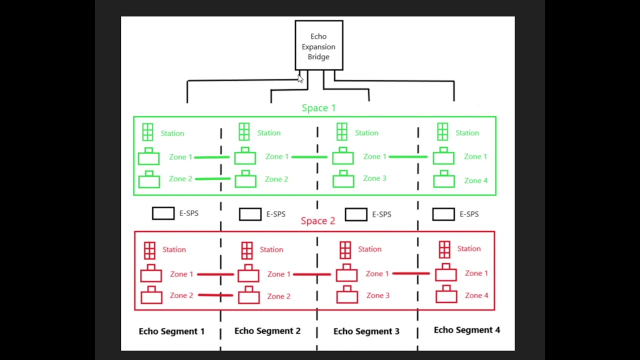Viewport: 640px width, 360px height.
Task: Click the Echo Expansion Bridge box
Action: (318, 45)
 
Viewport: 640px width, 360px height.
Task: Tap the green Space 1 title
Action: (318, 108)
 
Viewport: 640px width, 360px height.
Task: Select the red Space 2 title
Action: (318, 220)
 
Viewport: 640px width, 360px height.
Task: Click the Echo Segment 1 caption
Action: (171, 331)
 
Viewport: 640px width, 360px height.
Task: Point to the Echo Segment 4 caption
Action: (466, 330)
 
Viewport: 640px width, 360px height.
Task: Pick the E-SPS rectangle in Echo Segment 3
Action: (356, 214)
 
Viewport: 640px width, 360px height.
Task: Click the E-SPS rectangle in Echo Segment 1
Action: (163, 213)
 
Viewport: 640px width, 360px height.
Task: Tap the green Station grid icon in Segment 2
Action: (244, 132)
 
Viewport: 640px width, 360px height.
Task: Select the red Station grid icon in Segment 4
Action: (444, 249)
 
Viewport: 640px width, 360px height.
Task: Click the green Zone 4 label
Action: (475, 180)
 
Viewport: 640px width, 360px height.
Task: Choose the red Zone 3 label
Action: (377, 295)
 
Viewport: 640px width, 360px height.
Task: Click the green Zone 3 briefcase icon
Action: (343, 179)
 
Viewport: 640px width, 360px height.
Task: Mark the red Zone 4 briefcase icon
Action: (446, 295)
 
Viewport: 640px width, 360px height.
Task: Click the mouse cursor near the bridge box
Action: (300, 78)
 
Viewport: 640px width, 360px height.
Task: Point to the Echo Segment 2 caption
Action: (267, 330)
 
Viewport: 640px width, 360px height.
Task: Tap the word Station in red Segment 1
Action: (174, 249)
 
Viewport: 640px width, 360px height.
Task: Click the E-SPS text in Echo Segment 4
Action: (469, 214)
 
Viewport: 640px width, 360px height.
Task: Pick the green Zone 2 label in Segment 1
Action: (180, 179)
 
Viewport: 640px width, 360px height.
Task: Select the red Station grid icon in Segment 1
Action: (149, 250)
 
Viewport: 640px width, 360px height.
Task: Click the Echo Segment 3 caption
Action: (366, 331)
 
